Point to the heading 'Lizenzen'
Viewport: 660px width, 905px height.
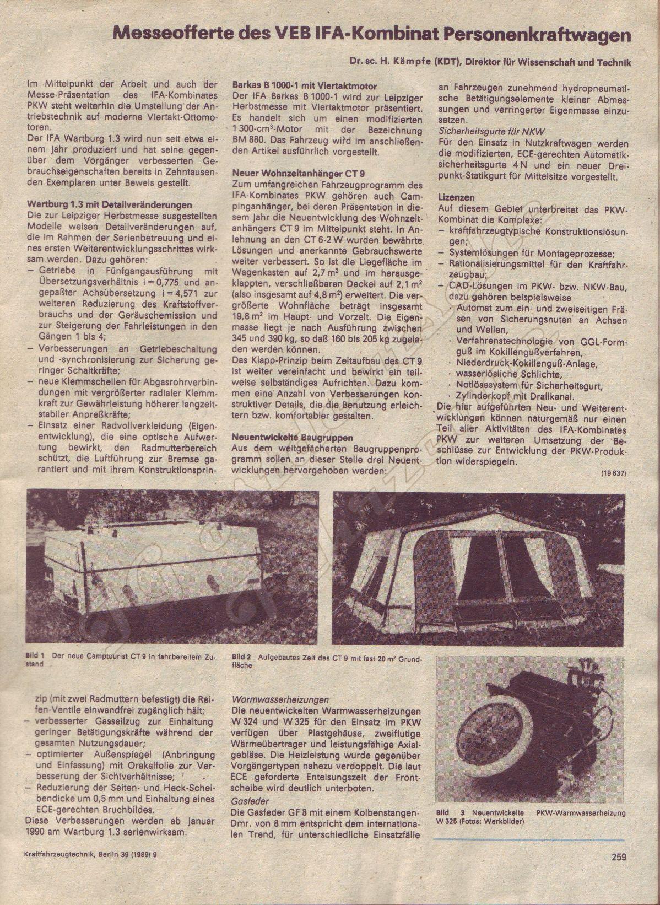point(457,197)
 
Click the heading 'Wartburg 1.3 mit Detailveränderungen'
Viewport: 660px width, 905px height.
point(109,206)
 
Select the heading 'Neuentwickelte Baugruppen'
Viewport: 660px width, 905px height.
point(293,438)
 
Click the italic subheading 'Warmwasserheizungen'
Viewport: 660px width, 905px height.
point(280,699)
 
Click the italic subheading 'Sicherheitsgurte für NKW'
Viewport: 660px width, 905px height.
point(492,131)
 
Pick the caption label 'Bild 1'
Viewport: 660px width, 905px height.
point(35,656)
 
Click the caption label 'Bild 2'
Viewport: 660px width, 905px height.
point(242,657)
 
